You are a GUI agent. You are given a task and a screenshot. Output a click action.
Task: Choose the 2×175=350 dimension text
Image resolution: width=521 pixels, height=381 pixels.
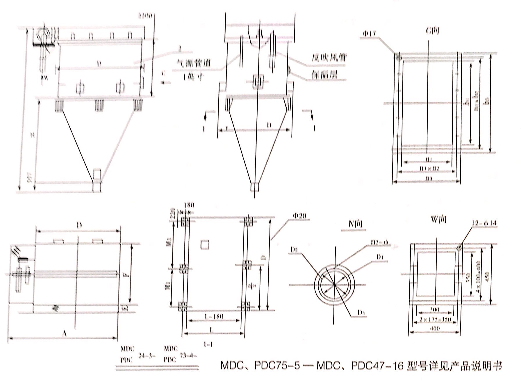click(x=435, y=319)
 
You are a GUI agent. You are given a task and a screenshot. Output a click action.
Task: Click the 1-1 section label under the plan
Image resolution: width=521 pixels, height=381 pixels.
click(x=208, y=344)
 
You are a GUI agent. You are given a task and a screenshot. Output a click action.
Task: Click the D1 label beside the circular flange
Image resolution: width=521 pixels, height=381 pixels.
click(x=379, y=257)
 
